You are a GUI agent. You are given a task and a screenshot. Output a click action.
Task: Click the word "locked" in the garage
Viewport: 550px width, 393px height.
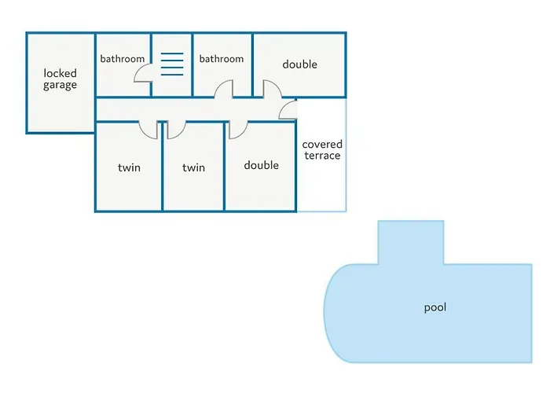60,73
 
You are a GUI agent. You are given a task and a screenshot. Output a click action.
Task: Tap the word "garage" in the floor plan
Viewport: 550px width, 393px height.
60,85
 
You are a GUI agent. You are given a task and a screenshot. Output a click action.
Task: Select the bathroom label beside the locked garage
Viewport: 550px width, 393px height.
123,59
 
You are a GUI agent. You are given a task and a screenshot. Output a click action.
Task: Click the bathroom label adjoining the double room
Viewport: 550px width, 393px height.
222,59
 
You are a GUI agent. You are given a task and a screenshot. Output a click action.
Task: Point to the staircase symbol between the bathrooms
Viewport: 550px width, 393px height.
172,64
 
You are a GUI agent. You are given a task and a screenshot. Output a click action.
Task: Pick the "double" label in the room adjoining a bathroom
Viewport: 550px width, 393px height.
299,64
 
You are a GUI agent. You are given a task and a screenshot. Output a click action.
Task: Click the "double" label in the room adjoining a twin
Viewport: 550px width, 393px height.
261,165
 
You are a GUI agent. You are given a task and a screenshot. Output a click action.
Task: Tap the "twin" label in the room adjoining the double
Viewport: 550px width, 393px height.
193,167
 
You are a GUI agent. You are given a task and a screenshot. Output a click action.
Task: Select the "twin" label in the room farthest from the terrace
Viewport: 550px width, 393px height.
129,167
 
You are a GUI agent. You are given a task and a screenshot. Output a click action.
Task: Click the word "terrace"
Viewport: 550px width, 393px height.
322,156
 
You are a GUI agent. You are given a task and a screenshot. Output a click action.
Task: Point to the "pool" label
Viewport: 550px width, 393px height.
434,307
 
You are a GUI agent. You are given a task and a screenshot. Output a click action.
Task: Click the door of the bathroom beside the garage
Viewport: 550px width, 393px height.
143,73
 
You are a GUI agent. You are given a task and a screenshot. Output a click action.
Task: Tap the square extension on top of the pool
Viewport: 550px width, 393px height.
411,241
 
